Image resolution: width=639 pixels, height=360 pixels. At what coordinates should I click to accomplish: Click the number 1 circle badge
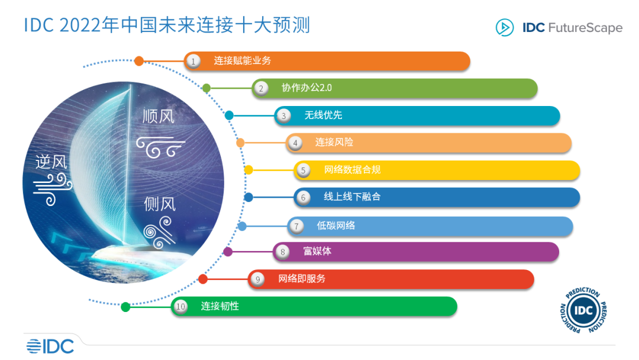[192, 60]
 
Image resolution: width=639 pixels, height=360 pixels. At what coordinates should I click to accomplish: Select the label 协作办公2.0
[306, 88]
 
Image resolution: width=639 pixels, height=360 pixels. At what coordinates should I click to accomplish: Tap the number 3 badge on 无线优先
[283, 115]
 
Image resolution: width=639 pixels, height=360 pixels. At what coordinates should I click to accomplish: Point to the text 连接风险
[334, 142]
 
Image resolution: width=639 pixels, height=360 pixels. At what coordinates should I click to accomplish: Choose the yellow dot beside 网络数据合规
[248, 170]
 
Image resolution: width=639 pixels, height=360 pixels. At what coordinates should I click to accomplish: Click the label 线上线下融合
[352, 197]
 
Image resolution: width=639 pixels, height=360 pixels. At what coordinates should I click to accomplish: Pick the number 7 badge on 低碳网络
[296, 226]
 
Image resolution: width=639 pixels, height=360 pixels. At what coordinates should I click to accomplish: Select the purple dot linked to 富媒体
[228, 252]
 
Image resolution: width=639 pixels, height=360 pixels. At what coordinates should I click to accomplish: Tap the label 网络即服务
[302, 278]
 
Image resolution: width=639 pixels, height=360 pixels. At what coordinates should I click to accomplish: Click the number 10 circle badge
[180, 306]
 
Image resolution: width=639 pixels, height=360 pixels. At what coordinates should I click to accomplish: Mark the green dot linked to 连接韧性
[125, 307]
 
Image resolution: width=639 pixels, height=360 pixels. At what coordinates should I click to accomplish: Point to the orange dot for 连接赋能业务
[139, 60]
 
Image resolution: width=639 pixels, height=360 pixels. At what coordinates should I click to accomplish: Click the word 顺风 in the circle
[159, 116]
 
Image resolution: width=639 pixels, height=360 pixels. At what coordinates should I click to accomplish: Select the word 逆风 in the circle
[52, 161]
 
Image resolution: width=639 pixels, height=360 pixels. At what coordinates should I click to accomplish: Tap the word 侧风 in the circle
[160, 204]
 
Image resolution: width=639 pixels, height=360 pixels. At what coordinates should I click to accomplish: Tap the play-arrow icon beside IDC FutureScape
[505, 27]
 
